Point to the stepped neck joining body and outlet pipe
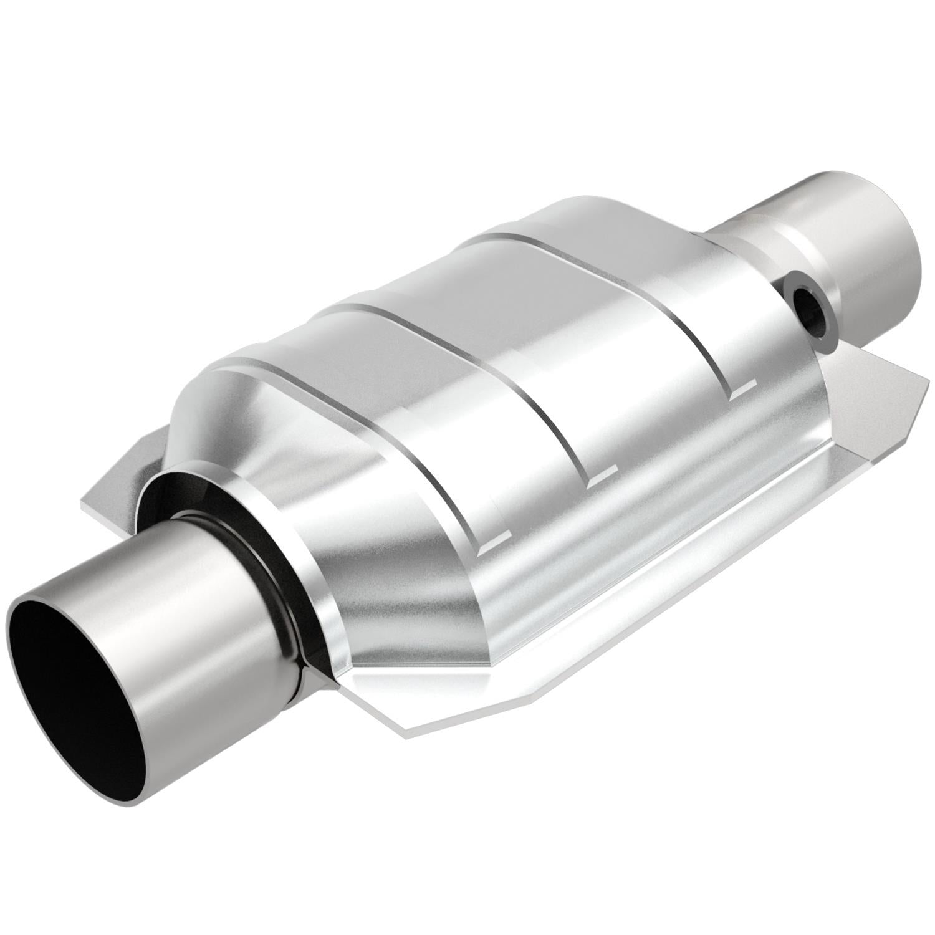coord(748,249)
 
